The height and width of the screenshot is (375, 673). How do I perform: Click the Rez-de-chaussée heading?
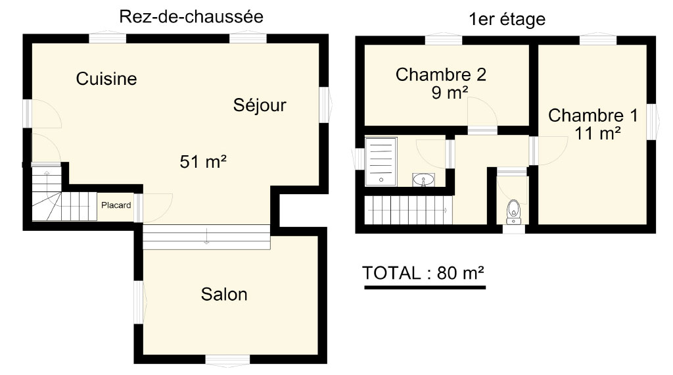(x=191, y=17)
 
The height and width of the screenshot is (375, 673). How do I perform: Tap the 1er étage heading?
(x=507, y=19)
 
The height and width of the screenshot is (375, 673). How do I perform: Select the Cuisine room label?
(x=106, y=78)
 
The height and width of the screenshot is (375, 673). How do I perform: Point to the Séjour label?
(x=260, y=105)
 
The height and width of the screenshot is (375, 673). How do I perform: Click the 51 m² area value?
(x=203, y=162)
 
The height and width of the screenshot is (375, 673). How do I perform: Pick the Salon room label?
(x=224, y=295)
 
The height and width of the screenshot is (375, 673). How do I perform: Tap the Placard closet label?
(x=116, y=205)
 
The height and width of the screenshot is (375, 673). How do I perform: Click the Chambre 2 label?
(x=441, y=75)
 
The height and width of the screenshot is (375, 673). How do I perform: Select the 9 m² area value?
(x=450, y=92)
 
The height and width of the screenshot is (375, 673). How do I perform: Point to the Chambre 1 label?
(x=593, y=116)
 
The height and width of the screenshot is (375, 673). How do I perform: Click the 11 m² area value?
(x=597, y=133)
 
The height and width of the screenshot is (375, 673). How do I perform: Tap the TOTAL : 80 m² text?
(x=423, y=273)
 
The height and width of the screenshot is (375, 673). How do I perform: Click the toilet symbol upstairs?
(x=513, y=213)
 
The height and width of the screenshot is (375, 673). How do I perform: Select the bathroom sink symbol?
(x=424, y=180)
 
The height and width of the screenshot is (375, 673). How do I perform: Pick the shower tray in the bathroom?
(x=381, y=161)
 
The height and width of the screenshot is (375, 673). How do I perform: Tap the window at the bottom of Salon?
(x=227, y=360)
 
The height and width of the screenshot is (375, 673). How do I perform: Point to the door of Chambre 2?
(x=482, y=113)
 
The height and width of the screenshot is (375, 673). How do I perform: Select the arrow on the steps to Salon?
(x=206, y=237)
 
